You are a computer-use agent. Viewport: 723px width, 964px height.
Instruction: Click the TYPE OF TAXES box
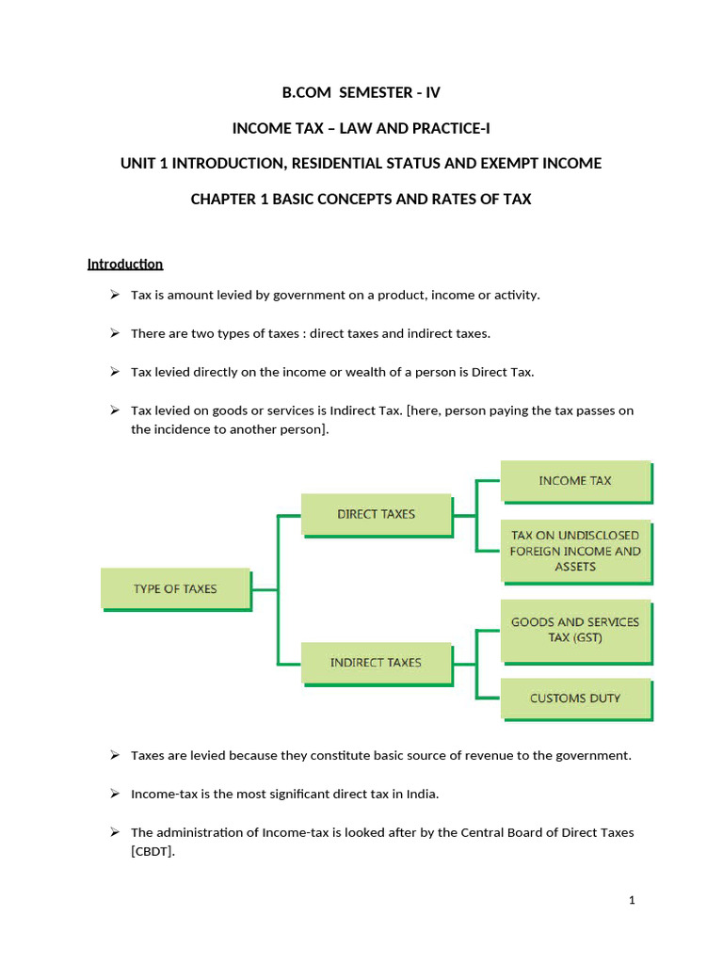click(175, 588)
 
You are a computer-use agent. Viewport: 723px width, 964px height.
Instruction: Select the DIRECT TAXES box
click(376, 514)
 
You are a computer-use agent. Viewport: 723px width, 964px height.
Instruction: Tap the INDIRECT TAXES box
click(376, 662)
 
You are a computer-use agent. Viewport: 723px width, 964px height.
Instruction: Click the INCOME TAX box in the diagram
click(574, 480)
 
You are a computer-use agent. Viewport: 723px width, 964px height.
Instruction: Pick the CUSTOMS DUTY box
click(574, 699)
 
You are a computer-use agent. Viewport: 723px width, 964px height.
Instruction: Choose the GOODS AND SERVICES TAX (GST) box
click(574, 630)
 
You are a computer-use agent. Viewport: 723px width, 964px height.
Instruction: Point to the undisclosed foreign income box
click(574, 552)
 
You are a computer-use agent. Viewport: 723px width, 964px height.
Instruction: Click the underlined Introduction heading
click(125, 264)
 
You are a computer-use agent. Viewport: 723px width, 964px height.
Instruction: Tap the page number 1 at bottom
click(632, 900)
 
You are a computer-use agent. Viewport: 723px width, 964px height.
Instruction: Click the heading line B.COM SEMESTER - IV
click(361, 92)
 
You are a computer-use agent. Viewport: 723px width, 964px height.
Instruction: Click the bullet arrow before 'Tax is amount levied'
click(114, 295)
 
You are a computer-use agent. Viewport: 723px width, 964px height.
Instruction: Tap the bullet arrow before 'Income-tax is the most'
click(114, 794)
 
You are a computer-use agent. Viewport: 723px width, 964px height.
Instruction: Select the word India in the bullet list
click(421, 794)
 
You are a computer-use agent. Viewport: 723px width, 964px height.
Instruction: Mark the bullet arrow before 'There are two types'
click(114, 333)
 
